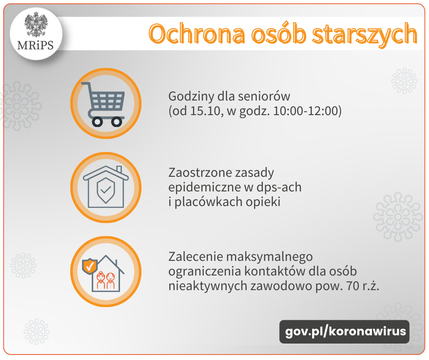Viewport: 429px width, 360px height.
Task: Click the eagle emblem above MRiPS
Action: click(36, 25)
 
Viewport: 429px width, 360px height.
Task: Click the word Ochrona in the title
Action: click(197, 34)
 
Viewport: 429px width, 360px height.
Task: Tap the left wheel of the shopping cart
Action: click(97, 122)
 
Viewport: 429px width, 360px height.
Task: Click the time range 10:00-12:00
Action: click(306, 111)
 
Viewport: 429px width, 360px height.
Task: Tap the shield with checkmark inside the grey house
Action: click(106, 190)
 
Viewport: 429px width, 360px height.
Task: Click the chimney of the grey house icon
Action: click(119, 169)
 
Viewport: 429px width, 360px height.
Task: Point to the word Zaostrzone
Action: click(202, 173)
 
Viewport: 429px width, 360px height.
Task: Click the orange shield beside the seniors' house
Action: click(90, 266)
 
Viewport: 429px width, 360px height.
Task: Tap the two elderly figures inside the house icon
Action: click(105, 280)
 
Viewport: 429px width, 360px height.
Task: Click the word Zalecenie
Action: click(195, 257)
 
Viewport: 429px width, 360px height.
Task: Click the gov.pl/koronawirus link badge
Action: click(345, 332)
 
